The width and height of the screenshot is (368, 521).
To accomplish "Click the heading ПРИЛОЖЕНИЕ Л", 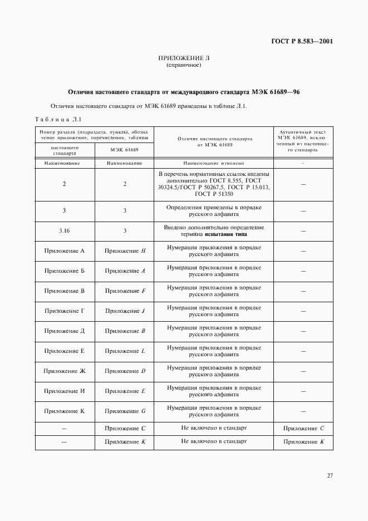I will [x=184, y=58].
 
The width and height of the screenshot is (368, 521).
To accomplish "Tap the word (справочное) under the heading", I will [x=184, y=66].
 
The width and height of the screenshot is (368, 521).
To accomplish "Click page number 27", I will [x=330, y=475].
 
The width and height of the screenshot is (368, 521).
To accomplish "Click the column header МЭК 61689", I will [x=124, y=150].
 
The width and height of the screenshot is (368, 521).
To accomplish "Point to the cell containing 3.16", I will [x=64, y=230].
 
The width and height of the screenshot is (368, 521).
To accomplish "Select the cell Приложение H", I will [x=125, y=250].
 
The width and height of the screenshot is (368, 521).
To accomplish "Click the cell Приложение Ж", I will [x=64, y=371].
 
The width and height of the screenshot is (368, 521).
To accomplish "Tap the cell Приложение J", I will [x=125, y=311].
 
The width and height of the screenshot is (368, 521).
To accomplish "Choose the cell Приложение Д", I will [x=64, y=331].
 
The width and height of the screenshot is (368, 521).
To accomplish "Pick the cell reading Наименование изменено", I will [x=213, y=164].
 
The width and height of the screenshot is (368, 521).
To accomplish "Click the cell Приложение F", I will [x=125, y=291].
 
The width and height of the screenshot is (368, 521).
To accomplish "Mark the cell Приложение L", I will [x=125, y=351].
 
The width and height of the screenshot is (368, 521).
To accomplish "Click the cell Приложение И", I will [x=64, y=391].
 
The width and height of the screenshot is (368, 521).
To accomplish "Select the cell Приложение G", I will [x=125, y=411].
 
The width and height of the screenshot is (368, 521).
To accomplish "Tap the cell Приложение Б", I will [x=64, y=271].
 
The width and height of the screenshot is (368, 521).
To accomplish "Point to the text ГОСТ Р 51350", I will [x=213, y=194].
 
